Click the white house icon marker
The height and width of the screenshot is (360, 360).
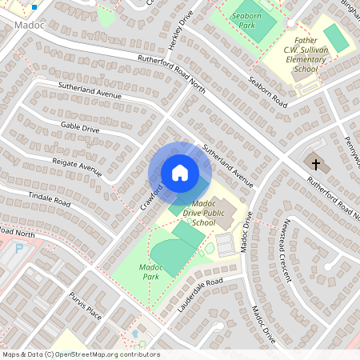tap(180, 173)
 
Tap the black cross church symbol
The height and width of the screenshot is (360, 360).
tap(316, 166)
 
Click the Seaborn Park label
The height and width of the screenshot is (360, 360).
tap(252, 20)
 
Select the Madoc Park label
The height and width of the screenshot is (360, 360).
tap(150, 270)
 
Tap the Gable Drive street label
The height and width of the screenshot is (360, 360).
tap(80, 128)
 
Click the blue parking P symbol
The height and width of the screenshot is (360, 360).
tap(19, 248)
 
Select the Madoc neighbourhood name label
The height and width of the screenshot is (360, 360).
tap(28, 26)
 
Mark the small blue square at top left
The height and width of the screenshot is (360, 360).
tap(34, 7)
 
